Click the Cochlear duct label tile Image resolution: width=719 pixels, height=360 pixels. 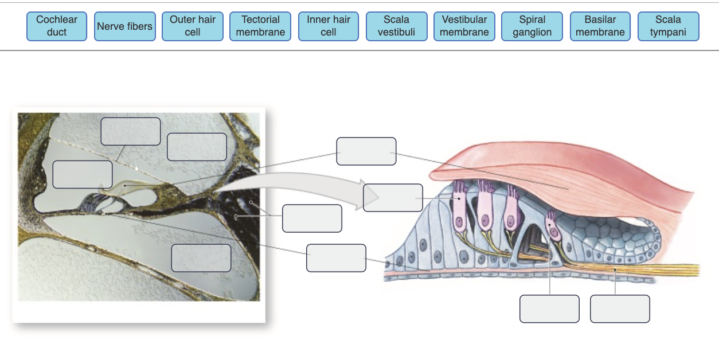tap(57, 26)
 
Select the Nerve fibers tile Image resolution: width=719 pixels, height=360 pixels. tap(124, 26)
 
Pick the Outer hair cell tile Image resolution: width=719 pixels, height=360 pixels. tap(193, 26)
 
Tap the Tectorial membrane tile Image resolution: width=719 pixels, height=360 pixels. tap(260, 26)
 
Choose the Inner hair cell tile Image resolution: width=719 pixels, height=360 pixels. tap(329, 26)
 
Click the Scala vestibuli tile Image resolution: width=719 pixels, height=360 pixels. tap(396, 26)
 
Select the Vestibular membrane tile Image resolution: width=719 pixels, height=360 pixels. tap(464, 26)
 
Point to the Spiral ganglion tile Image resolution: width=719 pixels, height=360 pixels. tap(532, 26)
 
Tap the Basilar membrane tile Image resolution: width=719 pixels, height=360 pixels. tap(600, 26)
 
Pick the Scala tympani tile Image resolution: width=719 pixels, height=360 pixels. tap(668, 26)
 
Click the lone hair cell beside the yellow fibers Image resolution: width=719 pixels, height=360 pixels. tap(552, 226)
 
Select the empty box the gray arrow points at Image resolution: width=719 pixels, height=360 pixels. tap(393, 198)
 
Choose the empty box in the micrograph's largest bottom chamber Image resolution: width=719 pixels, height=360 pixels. tap(201, 258)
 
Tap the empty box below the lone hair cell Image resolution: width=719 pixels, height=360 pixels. tap(549, 309)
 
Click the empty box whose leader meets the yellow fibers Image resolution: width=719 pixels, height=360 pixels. tap(620, 309)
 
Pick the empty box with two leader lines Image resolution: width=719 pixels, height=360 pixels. tap(312, 218)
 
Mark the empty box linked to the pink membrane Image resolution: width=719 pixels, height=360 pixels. tap(366, 151)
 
